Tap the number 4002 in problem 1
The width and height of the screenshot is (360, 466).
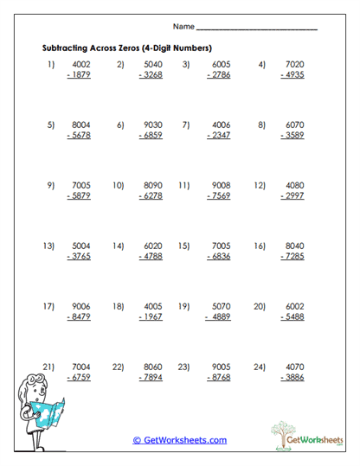click(x=80, y=64)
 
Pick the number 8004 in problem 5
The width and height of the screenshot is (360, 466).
click(x=80, y=124)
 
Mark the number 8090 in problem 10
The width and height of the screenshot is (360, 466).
click(x=151, y=185)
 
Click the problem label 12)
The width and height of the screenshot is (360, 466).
click(x=259, y=185)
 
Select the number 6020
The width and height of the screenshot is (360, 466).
click(x=151, y=246)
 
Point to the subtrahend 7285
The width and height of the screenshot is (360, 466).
click(x=291, y=257)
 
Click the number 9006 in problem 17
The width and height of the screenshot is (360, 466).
click(x=80, y=306)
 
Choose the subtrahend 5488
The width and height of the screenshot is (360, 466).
click(x=291, y=317)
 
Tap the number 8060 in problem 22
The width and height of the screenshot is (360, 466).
click(x=151, y=366)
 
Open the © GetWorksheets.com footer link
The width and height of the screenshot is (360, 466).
click(x=179, y=440)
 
